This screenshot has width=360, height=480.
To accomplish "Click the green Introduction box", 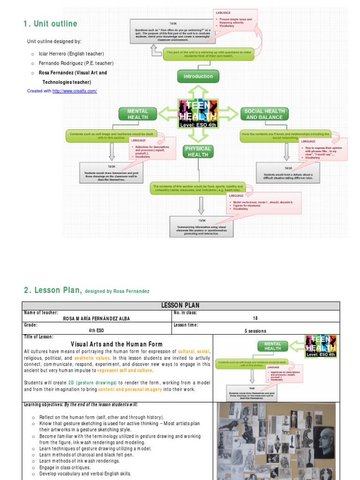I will click(198, 76).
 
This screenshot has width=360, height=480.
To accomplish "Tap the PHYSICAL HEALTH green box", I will click(198, 151).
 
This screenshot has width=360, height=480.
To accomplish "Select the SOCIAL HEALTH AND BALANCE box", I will click(264, 114).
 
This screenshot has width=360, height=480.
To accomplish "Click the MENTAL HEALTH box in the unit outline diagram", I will click(138, 114).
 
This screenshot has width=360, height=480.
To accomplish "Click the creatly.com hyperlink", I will click(75, 91).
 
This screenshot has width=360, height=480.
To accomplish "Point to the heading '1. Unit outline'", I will click(50, 24).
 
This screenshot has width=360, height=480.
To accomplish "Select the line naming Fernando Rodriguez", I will click(75, 63).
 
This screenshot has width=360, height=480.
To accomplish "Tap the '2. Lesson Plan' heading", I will click(52, 291).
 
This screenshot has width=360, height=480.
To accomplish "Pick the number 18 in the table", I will click(255, 319).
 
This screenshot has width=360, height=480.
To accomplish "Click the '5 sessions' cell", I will click(255, 330).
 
